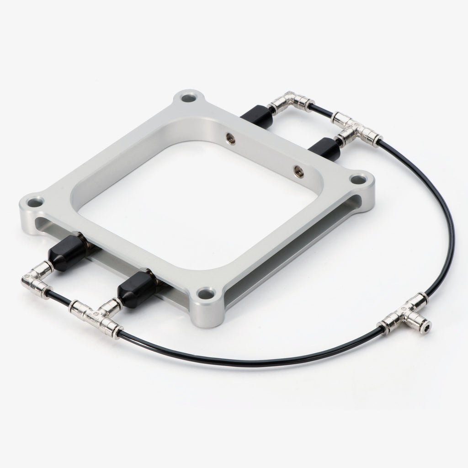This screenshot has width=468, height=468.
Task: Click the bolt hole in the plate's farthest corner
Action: click(187, 97)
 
